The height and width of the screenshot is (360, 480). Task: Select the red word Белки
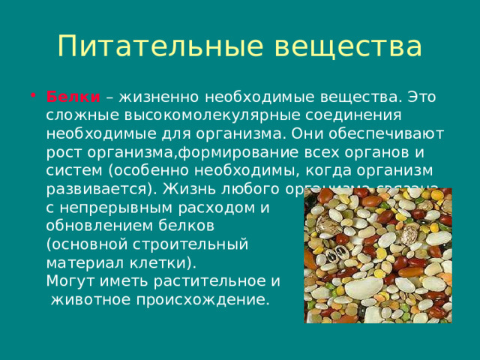click(73, 97)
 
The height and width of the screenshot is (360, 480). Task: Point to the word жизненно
click(156, 97)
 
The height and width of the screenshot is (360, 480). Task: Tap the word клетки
click(157, 262)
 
